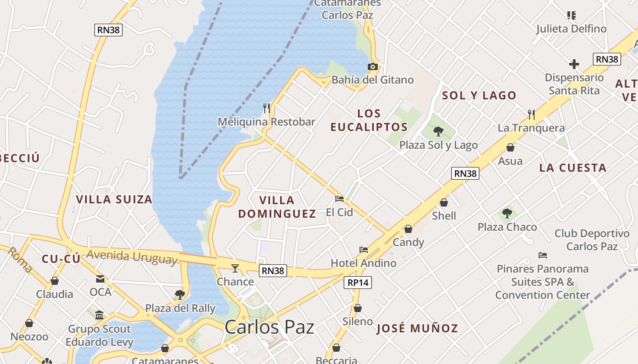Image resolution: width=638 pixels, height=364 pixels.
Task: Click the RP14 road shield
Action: tap(358, 283)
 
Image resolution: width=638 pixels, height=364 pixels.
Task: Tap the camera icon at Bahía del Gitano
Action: tap(373, 67)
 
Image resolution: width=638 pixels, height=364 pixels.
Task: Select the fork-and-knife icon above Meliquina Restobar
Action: tap(267, 108)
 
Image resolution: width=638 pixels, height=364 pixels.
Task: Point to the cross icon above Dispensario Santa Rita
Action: tap(574, 64)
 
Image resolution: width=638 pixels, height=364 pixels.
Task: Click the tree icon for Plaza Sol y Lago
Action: tap(438, 131)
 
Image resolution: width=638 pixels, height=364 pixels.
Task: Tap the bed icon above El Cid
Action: tap(340, 198)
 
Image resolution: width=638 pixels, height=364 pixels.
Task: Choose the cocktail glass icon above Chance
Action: tap(235, 268)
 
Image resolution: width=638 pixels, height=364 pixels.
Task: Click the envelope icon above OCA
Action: tap(100, 278)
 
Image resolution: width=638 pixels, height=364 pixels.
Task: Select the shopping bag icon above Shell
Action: tap(444, 202)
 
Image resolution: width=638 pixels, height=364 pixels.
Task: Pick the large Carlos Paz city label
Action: tap(269, 327)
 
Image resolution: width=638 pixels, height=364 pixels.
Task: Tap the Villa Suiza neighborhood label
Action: tap(114, 199)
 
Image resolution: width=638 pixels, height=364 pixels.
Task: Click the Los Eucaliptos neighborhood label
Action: tap(369, 120)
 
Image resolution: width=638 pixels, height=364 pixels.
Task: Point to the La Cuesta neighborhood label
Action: tap(573, 168)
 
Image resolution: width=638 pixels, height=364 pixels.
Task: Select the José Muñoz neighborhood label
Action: tap(417, 328)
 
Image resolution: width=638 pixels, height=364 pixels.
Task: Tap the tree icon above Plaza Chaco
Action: tap(507, 213)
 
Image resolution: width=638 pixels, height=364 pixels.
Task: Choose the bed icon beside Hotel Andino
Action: tap(364, 249)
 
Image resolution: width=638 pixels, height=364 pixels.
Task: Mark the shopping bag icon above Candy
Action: tap(408, 228)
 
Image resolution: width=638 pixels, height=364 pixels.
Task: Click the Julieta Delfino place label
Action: tap(571, 29)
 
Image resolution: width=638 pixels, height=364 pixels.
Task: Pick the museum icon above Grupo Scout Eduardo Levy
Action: tap(99, 315)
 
